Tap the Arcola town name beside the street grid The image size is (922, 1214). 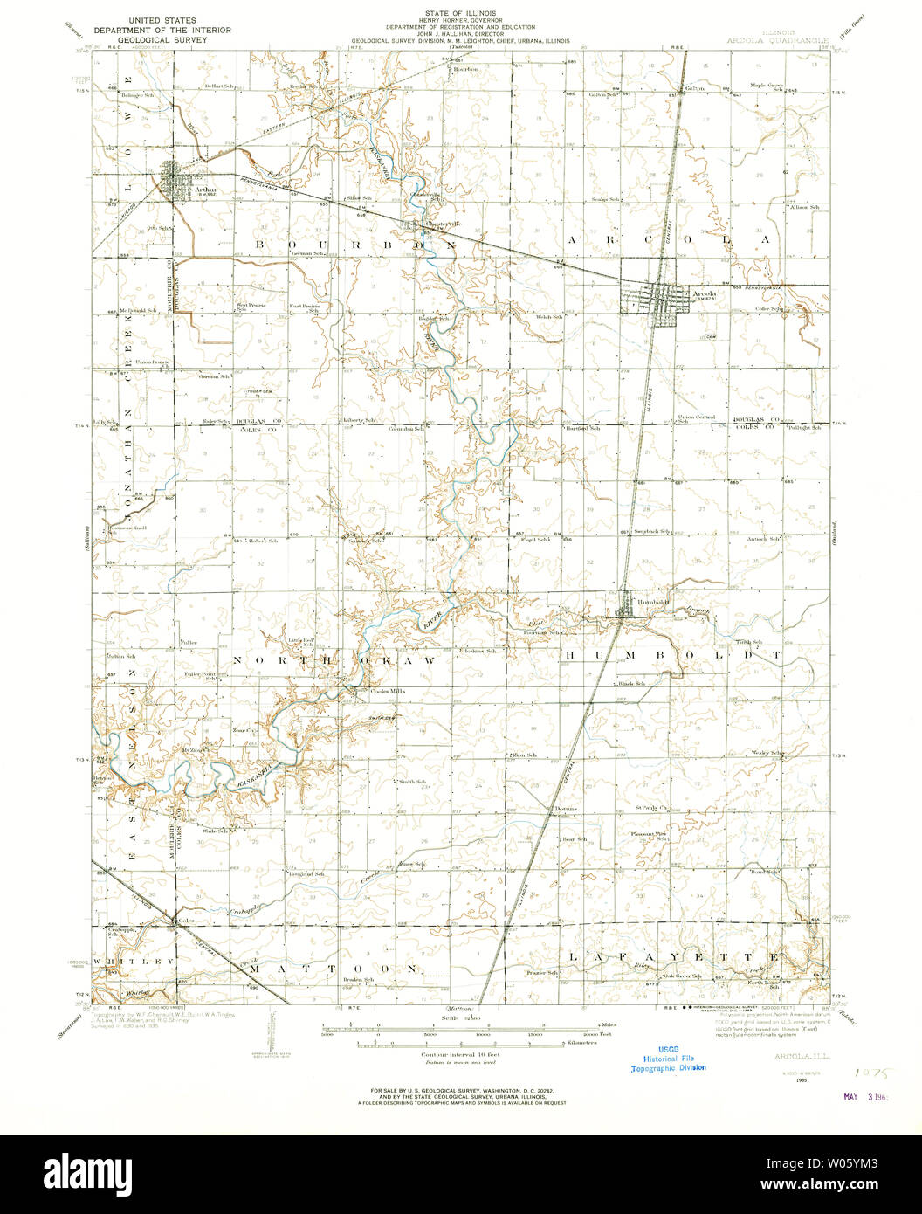point(704,294)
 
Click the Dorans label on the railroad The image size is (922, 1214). point(566,809)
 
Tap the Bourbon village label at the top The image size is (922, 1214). point(467,68)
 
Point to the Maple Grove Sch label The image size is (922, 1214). point(767,86)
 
